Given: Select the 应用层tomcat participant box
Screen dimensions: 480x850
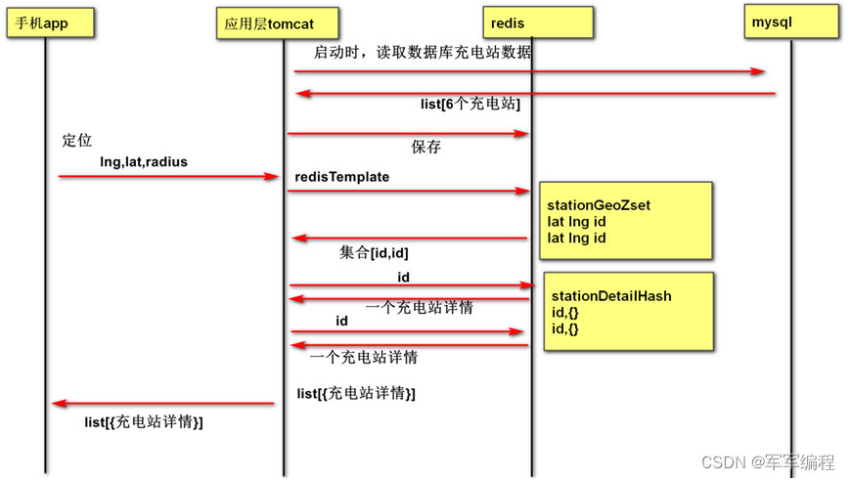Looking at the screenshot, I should click(x=279, y=22).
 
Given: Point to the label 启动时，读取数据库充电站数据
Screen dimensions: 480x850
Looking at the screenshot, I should click(x=423, y=53).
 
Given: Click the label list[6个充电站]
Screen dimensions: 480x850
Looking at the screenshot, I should click(x=470, y=104).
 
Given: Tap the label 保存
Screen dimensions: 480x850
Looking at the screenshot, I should click(x=425, y=148).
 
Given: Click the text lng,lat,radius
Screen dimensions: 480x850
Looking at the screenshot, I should click(x=144, y=160).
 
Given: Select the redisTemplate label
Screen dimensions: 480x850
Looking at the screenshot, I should click(x=342, y=177).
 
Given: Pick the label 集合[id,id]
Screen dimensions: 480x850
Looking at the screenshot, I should click(x=374, y=252).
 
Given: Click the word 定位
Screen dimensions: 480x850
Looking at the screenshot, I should click(x=76, y=141).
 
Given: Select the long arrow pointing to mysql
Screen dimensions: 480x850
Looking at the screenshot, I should click(x=528, y=71).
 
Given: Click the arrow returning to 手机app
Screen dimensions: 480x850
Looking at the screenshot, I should click(x=162, y=403).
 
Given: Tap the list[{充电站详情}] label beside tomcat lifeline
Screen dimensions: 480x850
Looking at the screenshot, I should click(x=356, y=393).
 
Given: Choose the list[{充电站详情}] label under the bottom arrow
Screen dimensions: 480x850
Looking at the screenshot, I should click(x=144, y=422).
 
